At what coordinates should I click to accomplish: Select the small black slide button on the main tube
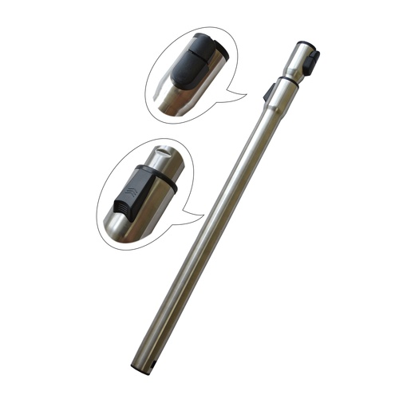pyautogui.click(x=270, y=92)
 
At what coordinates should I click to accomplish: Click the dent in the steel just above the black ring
pyautogui.click(x=287, y=73)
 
